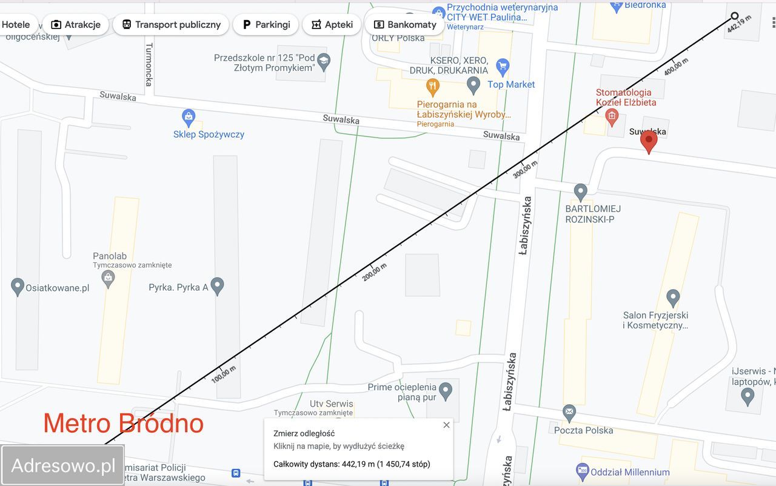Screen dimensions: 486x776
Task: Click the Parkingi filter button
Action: tap(266, 25)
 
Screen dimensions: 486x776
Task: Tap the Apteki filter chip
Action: tap(332, 25)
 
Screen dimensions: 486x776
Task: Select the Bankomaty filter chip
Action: tap(405, 25)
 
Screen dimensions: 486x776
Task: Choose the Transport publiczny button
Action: tap(171, 25)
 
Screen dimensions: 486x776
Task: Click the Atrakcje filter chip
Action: tap(76, 25)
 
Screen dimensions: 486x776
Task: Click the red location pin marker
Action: tap(649, 141)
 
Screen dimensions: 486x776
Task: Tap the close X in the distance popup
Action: tap(447, 425)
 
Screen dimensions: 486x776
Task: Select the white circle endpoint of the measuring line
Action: tap(735, 16)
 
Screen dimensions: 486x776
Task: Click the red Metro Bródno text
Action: tap(123, 423)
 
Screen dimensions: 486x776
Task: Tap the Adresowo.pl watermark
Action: tap(63, 465)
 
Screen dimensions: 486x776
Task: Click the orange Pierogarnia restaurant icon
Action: tap(432, 87)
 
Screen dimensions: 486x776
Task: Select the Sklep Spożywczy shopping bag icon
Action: tap(189, 116)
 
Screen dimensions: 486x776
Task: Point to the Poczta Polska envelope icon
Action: tap(569, 414)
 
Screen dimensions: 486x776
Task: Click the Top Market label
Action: tap(511, 84)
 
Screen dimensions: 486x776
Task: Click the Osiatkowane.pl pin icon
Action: tap(18, 286)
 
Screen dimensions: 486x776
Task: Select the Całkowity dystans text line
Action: tap(352, 464)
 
